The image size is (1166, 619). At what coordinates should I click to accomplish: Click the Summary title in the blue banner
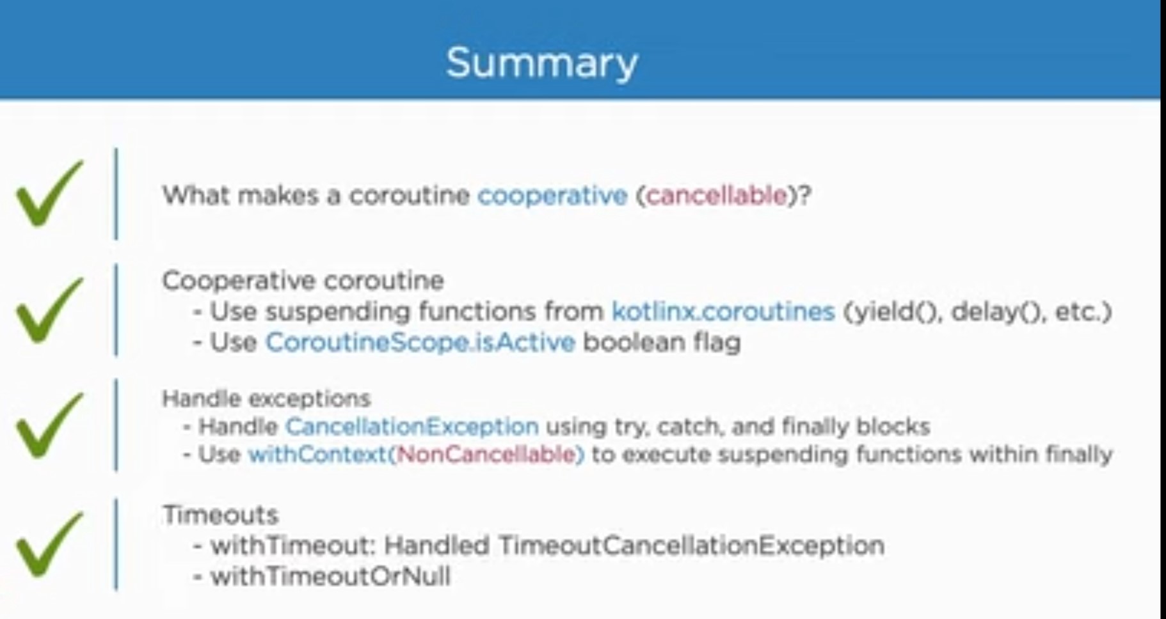tap(541, 63)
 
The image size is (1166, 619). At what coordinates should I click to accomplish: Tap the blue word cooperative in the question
tap(552, 195)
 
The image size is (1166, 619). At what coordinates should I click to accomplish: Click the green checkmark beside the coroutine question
tap(49, 194)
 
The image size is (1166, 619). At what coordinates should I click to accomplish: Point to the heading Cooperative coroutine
tap(303, 281)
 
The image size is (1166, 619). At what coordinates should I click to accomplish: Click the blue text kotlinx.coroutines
tap(723, 311)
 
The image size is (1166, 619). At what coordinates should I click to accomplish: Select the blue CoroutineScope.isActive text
tap(420, 342)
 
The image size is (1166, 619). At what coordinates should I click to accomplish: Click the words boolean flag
tap(662, 342)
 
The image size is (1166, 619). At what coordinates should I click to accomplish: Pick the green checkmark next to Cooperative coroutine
tap(49, 311)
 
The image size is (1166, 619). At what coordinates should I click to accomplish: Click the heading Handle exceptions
tap(266, 398)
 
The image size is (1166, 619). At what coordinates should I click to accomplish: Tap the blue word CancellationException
tap(411, 426)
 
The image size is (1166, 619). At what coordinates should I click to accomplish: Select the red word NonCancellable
tap(486, 455)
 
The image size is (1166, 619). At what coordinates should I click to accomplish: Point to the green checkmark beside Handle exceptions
tap(49, 426)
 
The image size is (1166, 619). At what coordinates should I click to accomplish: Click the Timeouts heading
tap(220, 515)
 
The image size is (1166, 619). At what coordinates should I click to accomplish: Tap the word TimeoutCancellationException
tap(691, 545)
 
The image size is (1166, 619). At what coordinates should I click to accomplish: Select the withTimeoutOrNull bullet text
tap(330, 576)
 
